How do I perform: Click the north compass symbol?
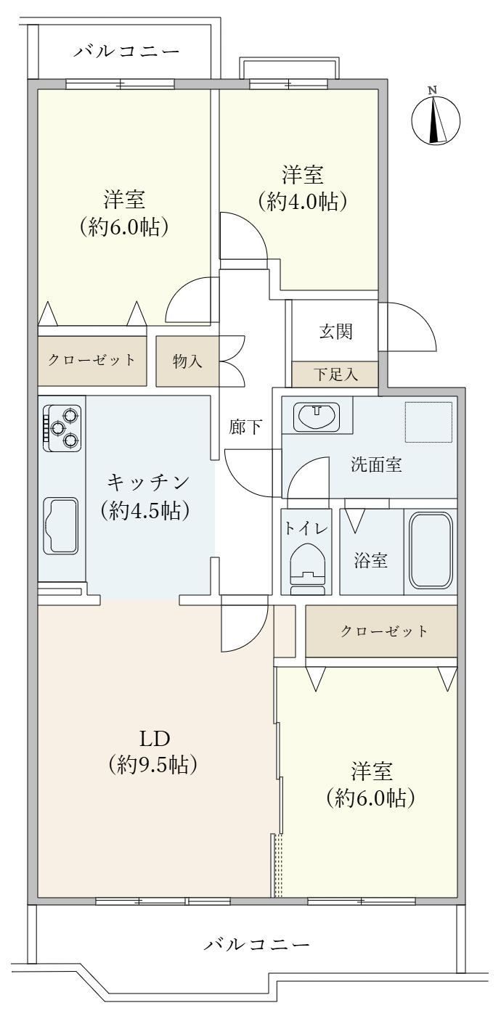(x=435, y=120)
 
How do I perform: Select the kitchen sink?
(x=60, y=525)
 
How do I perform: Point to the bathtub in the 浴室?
(x=431, y=551)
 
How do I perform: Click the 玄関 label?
(x=335, y=332)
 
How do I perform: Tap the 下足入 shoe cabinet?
(x=335, y=374)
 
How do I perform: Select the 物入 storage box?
(x=187, y=361)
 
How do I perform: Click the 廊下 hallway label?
(x=245, y=427)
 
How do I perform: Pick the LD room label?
(x=154, y=739)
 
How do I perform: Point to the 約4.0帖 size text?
(x=303, y=202)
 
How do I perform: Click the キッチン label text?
(x=148, y=482)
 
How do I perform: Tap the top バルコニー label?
(x=126, y=52)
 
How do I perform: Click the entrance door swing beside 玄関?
(x=407, y=326)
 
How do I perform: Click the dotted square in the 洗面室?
(x=429, y=422)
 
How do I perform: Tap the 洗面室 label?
(x=376, y=464)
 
